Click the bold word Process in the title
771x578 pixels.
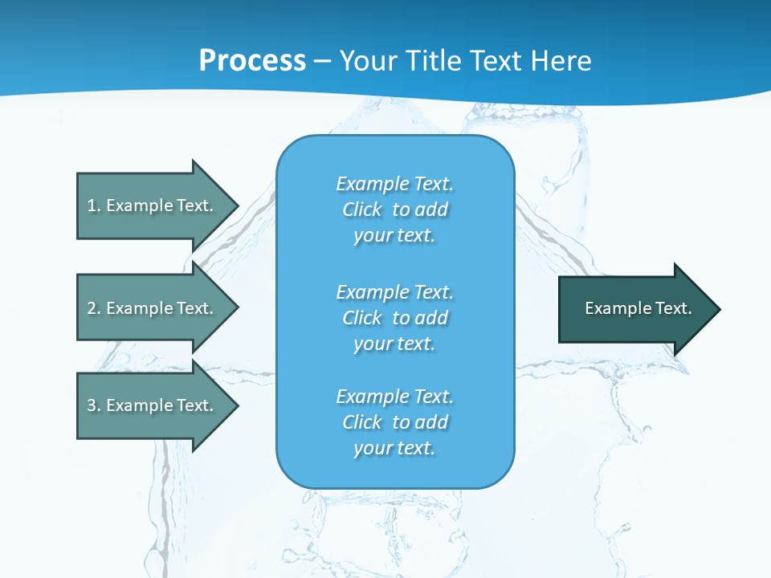tap(252, 61)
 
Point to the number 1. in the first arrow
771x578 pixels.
tap(93, 206)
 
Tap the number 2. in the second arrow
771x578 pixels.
tap(93, 308)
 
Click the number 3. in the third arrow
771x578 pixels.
tap(93, 405)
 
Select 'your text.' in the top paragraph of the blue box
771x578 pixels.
tap(394, 236)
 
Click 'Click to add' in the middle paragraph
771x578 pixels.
tap(394, 318)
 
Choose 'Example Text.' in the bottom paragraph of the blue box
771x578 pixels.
tap(394, 397)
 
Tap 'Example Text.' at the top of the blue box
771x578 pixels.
tap(394, 184)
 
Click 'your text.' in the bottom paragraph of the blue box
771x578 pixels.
tap(394, 449)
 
